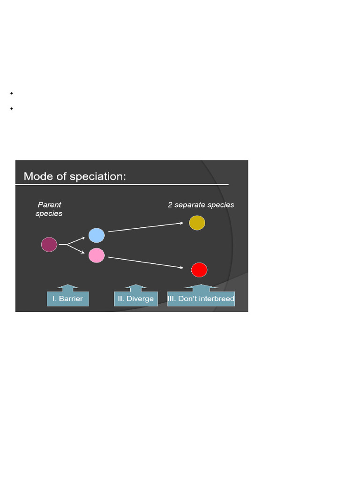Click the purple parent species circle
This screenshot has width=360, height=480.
click(x=49, y=245)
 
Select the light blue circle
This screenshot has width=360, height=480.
click(x=97, y=235)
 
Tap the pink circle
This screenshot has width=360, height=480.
click(x=97, y=255)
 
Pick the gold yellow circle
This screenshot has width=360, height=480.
click(x=197, y=223)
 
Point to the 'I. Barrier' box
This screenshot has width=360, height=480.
click(x=68, y=299)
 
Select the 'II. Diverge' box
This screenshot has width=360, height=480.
click(x=136, y=299)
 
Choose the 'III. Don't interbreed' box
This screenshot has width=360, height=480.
click(x=201, y=299)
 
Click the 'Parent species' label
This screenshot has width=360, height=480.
click(x=49, y=209)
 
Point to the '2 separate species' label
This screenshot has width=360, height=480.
click(x=201, y=205)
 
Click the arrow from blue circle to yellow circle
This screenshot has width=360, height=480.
click(x=145, y=227)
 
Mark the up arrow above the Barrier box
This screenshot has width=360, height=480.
click(x=68, y=287)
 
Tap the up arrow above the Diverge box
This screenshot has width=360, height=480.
click(x=136, y=287)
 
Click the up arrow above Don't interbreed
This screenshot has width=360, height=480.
click(x=201, y=287)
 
